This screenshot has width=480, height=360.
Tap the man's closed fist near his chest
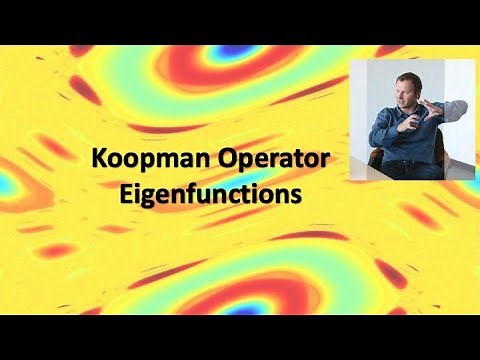[411, 126]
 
